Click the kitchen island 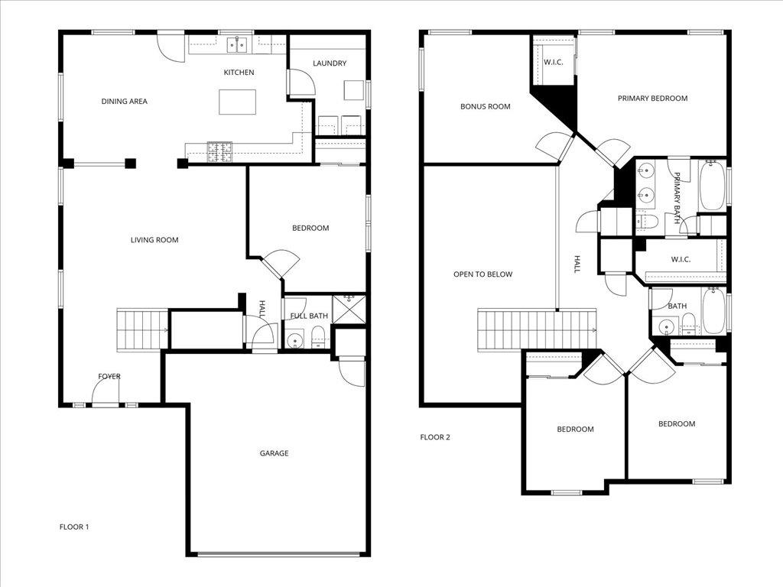point(237,102)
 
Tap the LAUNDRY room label point(330,63)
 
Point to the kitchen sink point(236,44)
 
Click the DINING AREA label point(124,101)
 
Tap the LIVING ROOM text point(154,240)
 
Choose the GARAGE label point(274,453)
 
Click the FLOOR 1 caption point(74,527)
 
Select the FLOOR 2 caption point(435,437)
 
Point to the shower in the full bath point(349,309)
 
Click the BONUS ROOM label point(485,106)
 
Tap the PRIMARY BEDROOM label point(652,98)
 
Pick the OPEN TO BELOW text point(482,274)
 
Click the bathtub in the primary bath point(713,185)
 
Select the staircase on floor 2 point(536,329)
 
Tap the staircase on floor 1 point(142,329)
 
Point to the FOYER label point(109,376)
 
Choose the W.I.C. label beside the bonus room point(553,62)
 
